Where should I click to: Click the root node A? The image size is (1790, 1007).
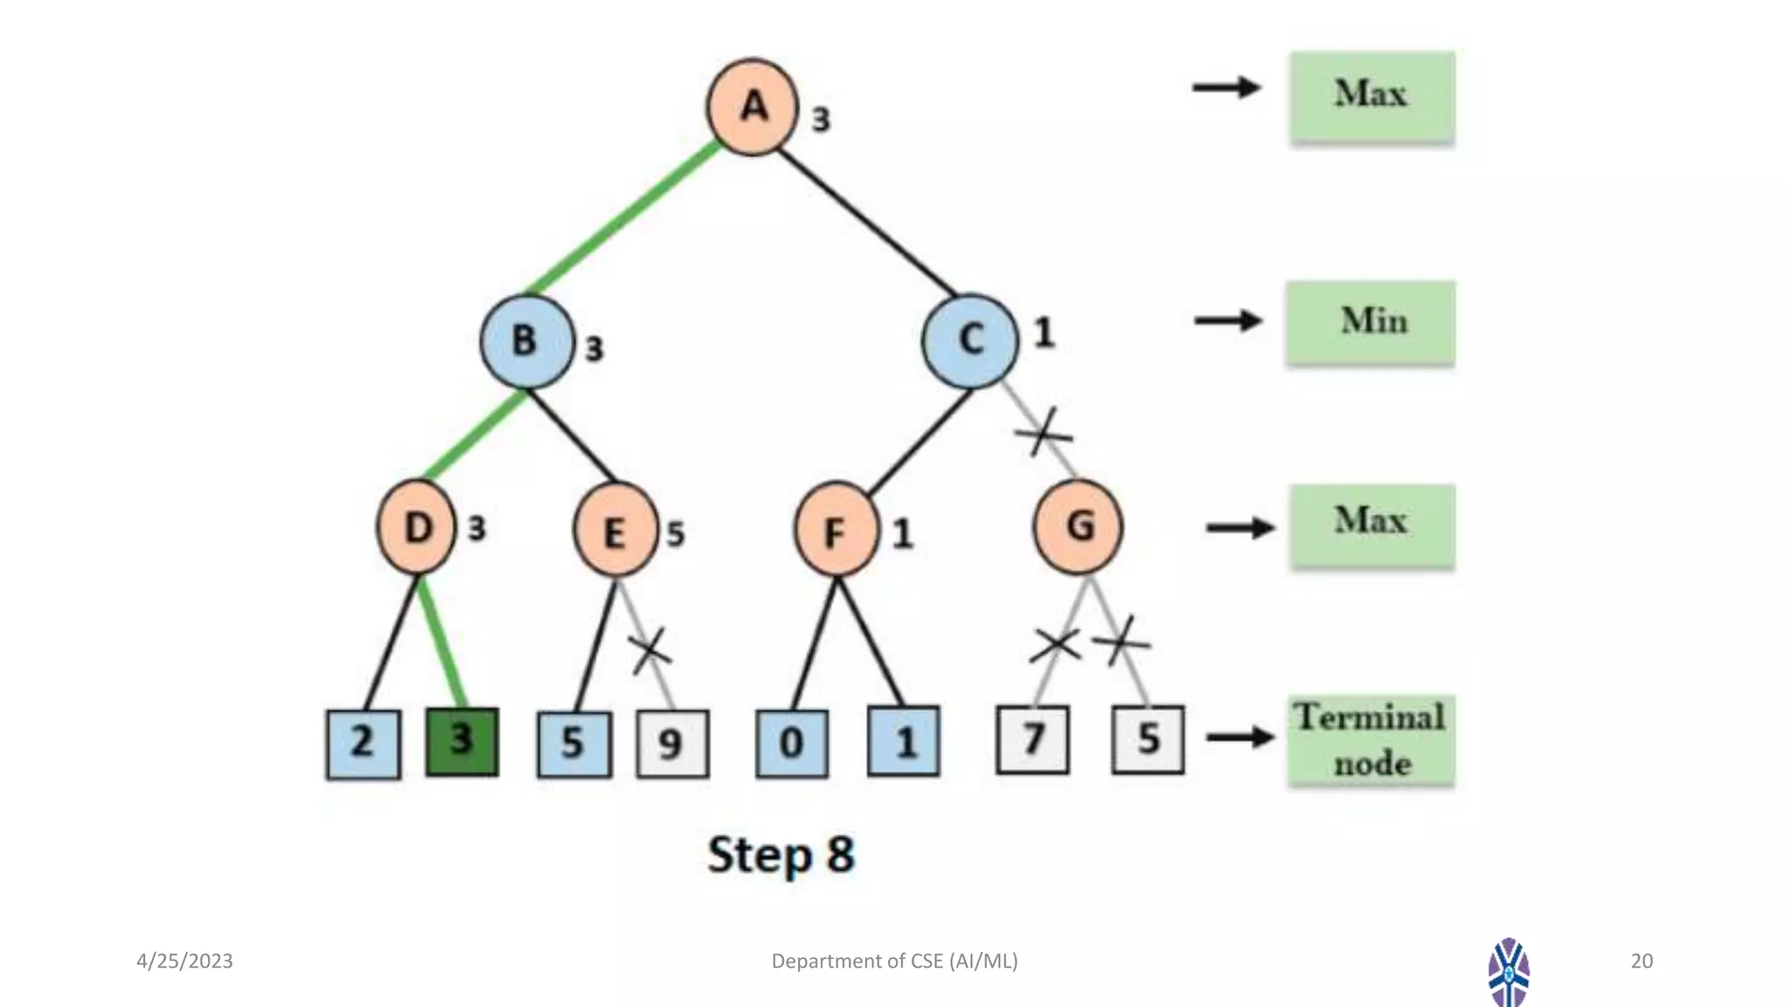[x=752, y=108]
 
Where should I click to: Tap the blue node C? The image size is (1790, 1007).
[x=970, y=340]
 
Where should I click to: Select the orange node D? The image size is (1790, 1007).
[x=417, y=527]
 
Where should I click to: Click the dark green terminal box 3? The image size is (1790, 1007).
[x=462, y=742]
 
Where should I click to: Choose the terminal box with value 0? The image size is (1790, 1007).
[x=792, y=744]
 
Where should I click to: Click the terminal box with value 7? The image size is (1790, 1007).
[x=1032, y=740]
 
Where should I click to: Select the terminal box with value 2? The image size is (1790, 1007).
[x=364, y=744]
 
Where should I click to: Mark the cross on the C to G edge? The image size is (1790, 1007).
[x=1042, y=432]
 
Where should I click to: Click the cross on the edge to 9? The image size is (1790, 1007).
[x=650, y=650]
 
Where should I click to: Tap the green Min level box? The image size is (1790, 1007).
[x=1370, y=323]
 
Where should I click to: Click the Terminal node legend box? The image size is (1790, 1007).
[x=1370, y=741]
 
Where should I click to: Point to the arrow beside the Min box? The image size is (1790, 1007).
[x=1228, y=321]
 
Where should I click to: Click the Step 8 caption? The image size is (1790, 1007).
[x=781, y=855]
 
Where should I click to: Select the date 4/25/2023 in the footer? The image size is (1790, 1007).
[x=184, y=961]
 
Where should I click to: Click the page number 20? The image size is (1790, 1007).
[x=1641, y=961]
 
